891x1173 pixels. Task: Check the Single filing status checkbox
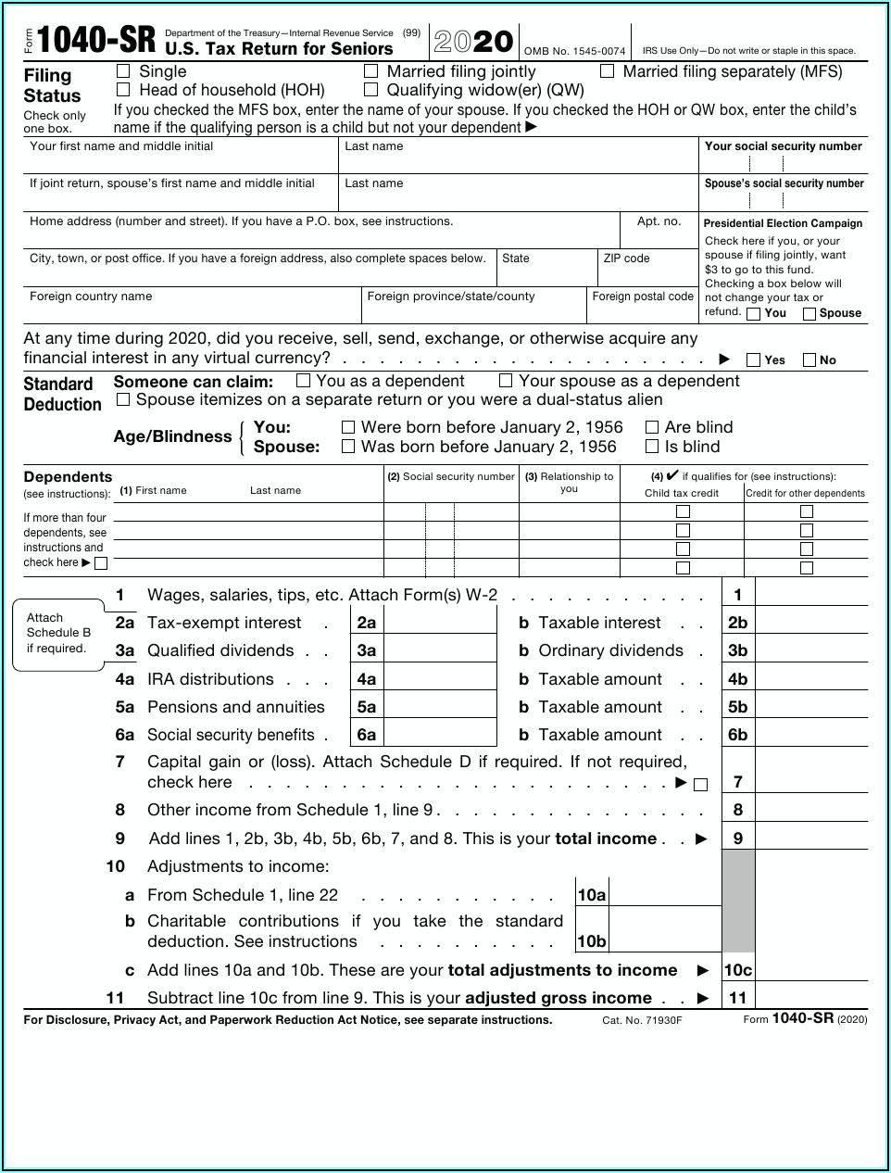[x=123, y=71]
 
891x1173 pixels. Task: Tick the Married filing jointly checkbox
[x=371, y=71]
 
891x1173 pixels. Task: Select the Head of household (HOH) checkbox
[x=123, y=90]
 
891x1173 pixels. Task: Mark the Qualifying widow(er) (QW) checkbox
[x=371, y=90]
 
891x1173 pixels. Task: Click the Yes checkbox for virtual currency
[x=754, y=359]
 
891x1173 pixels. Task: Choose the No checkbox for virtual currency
[x=810, y=359]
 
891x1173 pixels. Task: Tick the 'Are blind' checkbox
[x=652, y=427]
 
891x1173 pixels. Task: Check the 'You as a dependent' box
[x=303, y=380]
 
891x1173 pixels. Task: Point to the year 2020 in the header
[x=473, y=42]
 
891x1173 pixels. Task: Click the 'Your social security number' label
[x=783, y=146]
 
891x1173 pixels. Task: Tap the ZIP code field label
[x=626, y=259]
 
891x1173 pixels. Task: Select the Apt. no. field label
[x=659, y=221]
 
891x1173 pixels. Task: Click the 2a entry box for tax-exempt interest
[x=440, y=623]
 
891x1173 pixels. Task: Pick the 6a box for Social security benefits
[x=440, y=735]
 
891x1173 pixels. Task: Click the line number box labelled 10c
[x=738, y=970]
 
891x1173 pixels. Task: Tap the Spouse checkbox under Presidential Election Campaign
[x=809, y=313]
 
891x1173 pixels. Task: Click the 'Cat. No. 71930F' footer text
[x=642, y=1020]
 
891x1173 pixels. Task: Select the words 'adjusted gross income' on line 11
[x=558, y=998]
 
